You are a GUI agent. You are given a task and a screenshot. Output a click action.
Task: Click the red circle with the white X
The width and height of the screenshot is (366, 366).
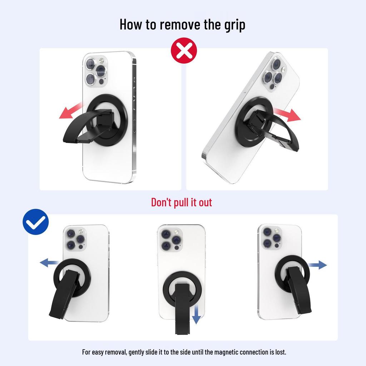184,50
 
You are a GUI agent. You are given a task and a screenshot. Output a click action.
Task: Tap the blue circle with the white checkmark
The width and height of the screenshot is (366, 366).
36,222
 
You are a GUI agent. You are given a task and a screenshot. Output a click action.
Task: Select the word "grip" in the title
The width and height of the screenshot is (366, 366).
235,25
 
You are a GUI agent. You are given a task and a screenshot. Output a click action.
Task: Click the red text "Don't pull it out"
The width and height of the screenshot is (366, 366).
182,202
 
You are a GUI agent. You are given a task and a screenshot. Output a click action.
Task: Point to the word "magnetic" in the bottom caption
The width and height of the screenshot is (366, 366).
226,352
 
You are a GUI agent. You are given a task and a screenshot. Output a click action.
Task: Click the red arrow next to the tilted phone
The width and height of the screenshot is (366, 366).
287,114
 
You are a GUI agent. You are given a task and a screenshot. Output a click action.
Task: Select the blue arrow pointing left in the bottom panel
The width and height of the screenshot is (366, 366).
49,263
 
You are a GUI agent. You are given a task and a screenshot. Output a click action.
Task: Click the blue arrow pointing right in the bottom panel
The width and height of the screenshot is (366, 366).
317,265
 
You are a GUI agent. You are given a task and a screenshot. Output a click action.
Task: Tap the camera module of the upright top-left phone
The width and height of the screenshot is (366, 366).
96,71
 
